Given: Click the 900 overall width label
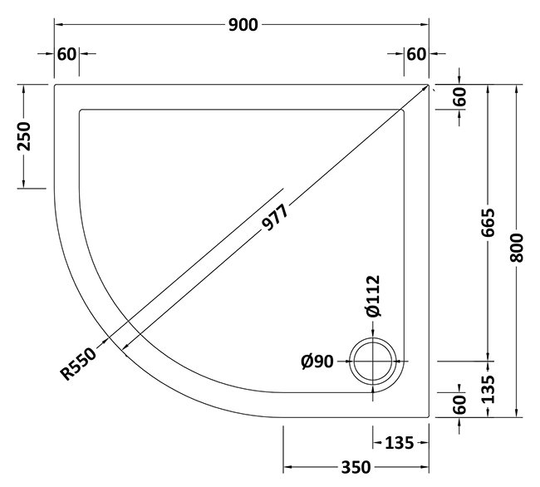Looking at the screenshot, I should tap(243, 25).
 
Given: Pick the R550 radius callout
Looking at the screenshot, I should tap(81, 363).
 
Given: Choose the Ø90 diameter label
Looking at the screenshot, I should tap(318, 362).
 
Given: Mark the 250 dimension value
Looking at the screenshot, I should tap(24, 135).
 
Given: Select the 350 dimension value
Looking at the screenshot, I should tap(356, 468).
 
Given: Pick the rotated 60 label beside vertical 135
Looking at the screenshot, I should tap(459, 405).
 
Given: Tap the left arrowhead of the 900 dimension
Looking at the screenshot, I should tap(59, 25).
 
